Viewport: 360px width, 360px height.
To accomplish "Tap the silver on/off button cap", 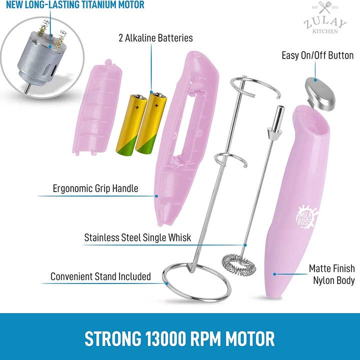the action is pos(320,93).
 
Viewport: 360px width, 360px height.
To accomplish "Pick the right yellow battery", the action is pos(151,122).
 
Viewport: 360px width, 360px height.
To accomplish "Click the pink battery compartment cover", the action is pos(97,107).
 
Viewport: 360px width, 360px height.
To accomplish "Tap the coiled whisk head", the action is pos(239,264).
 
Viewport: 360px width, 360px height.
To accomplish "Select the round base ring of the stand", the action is pos(196,282).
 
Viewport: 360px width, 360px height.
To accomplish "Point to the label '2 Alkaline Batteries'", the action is pos(155,38).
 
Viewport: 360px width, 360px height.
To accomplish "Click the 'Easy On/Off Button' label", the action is pos(317,55).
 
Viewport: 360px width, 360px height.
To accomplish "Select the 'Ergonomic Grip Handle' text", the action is pos(95,188).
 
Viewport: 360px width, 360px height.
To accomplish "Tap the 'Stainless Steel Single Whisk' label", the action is pos(137,237).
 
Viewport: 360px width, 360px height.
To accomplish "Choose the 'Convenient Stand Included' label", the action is pos(100,276).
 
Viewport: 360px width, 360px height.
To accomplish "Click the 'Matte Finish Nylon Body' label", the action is pos(332,274).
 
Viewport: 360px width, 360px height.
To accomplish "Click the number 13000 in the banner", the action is pos(165,338).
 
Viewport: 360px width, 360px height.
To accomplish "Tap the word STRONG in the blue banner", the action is pos(112,338).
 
